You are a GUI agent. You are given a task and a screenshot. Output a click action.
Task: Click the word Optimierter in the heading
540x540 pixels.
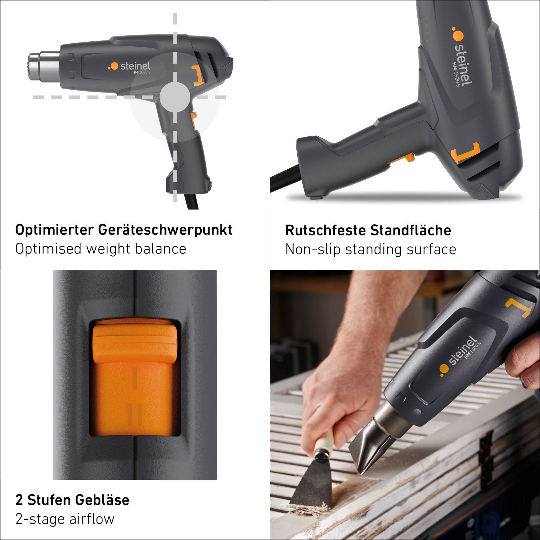coord(54,230)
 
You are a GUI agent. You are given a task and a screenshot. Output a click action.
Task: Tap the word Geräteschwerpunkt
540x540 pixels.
coord(165,230)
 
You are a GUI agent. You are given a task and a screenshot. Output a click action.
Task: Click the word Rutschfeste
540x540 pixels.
coord(325,230)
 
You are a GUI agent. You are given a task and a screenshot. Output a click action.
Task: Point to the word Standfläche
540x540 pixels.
coord(411,230)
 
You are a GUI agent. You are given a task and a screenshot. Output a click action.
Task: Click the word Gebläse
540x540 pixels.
coord(102,500)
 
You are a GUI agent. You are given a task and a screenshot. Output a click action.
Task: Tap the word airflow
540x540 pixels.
coord(92,519)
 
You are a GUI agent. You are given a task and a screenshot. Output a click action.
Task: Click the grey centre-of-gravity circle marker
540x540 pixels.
coord(175,97)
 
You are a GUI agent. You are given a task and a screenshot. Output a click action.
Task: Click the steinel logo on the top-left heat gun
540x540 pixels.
coord(129,67)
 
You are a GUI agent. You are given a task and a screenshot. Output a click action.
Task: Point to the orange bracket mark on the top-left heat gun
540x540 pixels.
coord(198,76)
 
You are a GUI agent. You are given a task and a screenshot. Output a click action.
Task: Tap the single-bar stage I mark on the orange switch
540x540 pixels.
coord(135,379)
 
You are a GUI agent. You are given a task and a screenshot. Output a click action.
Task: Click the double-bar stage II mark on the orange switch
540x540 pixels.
coord(135,415)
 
